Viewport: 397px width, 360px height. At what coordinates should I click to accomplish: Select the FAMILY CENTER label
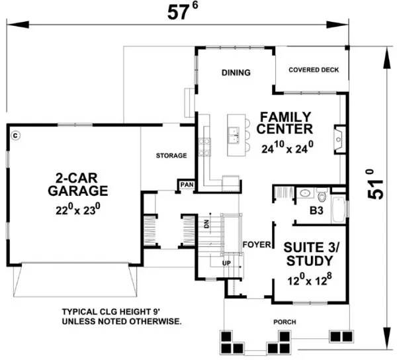coord(285,120)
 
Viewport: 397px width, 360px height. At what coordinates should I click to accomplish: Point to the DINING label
coord(236,73)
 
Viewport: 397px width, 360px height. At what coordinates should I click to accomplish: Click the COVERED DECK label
coord(313,69)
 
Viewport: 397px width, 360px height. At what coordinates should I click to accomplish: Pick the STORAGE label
coord(171,156)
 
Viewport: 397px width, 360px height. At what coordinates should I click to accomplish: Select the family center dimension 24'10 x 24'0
coord(286,149)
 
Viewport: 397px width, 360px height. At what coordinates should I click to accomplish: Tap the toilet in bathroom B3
coord(323,196)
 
